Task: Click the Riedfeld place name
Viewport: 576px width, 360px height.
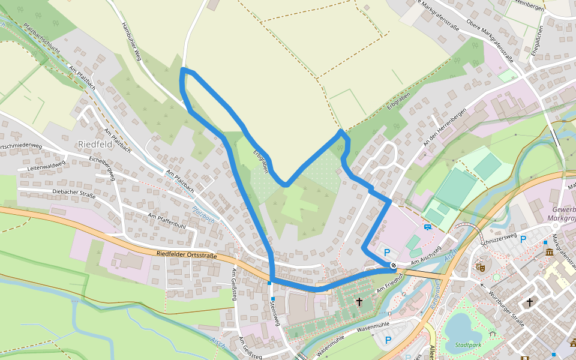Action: pos(95,144)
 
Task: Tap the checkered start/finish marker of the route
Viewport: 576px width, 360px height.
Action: pos(393,265)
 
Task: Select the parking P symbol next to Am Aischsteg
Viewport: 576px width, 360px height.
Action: pos(387,253)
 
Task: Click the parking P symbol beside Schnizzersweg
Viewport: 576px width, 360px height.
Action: pos(523,239)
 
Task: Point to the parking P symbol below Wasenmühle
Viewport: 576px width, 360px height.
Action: pos(388,340)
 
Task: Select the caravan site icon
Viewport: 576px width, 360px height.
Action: pos(427,227)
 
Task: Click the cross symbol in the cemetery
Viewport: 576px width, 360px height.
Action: pos(359,302)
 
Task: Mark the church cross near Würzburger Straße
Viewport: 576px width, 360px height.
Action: pos(529,302)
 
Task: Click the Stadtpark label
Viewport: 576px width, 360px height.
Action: pos(468,345)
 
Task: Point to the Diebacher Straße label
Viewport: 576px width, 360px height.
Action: pos(74,193)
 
